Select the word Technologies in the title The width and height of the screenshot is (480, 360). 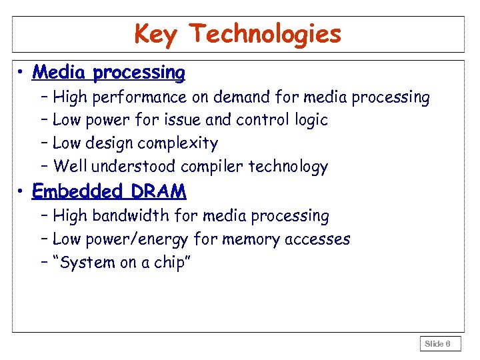pyautogui.click(x=265, y=33)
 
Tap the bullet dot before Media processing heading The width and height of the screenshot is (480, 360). pyautogui.click(x=22, y=73)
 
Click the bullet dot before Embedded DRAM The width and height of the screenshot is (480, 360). pyautogui.click(x=22, y=192)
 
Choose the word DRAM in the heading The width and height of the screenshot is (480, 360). pyautogui.click(x=159, y=192)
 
